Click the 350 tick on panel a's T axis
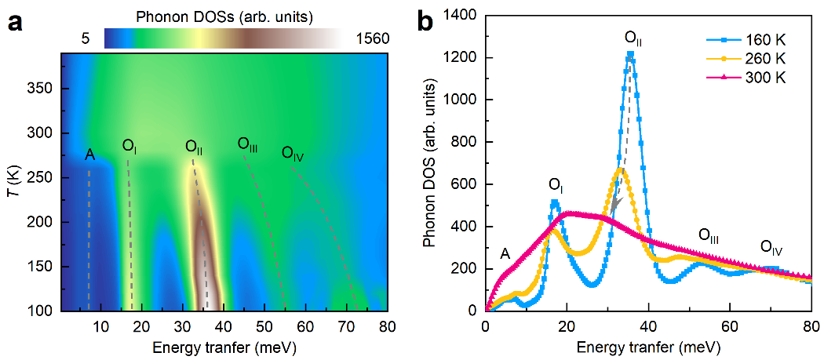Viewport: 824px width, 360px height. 42,89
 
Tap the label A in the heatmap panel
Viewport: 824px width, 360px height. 90,155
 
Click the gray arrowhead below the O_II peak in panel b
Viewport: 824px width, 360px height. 616,205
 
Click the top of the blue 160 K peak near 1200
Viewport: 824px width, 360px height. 631,54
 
